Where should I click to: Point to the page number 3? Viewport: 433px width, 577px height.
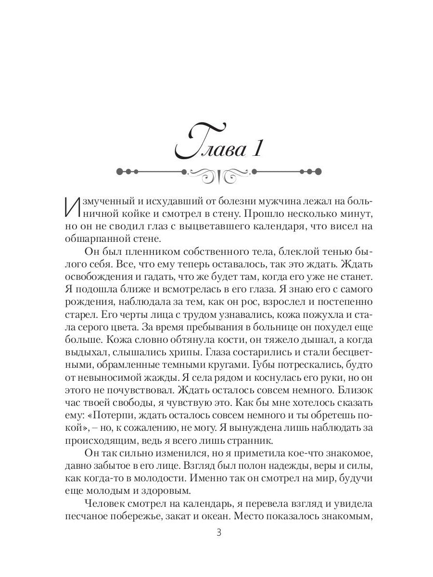click(x=219, y=532)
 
